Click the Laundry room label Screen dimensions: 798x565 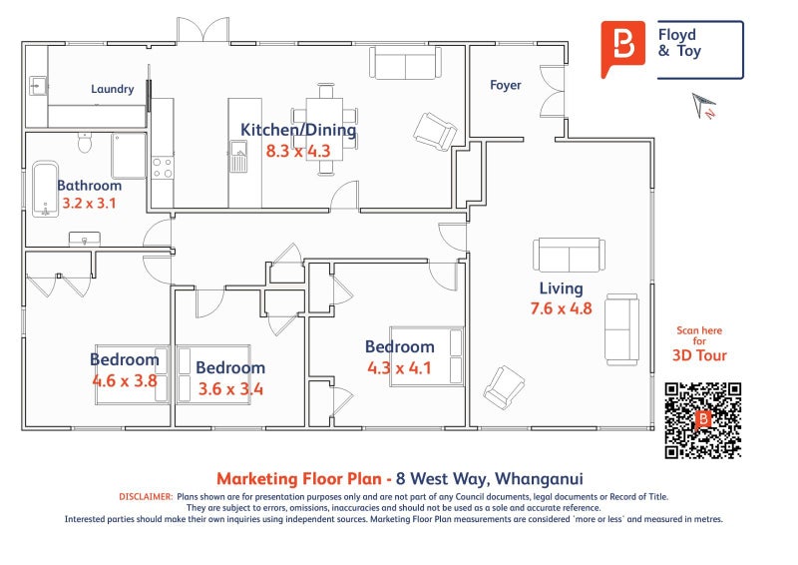click(113, 89)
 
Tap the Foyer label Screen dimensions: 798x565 click(506, 85)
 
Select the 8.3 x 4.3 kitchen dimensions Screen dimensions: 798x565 click(298, 151)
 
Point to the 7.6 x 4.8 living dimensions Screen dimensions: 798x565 click(561, 308)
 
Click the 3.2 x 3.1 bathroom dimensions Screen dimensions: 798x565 click(89, 204)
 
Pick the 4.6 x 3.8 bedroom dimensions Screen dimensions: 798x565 click(125, 380)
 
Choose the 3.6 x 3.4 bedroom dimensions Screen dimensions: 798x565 click(230, 389)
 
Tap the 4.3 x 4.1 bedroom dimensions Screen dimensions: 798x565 click(400, 367)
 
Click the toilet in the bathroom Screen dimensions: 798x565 click(85, 142)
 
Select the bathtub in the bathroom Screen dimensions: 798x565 click(45, 189)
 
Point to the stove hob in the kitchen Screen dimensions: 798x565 click(163, 168)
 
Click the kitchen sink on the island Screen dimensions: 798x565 click(238, 157)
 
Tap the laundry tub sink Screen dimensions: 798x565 click(38, 86)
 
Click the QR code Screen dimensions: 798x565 click(703, 420)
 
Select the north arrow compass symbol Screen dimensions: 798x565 click(703, 105)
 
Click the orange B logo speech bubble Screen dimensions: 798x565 click(622, 48)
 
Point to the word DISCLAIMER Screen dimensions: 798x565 click(146, 497)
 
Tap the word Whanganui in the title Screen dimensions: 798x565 click(539, 479)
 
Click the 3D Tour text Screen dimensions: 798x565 click(699, 355)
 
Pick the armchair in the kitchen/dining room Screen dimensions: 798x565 click(435, 132)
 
